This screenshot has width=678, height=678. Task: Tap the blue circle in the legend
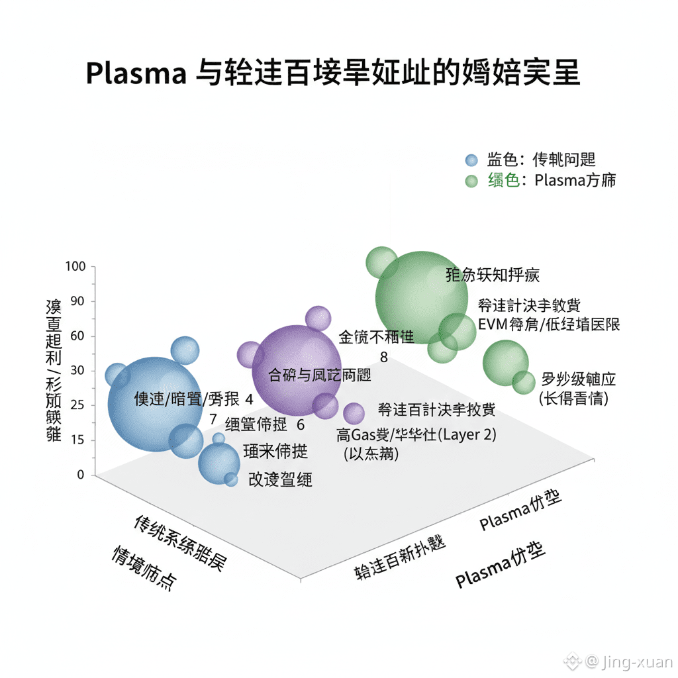tap(471, 160)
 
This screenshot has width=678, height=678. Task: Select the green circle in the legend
tap(471, 181)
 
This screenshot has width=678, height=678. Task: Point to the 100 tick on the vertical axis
tap(77, 267)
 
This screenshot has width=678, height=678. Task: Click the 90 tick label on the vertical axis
tap(78, 301)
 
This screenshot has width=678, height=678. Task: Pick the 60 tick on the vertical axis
tap(78, 336)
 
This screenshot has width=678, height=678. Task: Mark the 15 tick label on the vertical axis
tap(78, 440)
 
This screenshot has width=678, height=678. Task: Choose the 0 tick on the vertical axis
tap(81, 474)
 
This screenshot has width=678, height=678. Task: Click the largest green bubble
tap(417, 297)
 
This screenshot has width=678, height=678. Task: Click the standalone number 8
tap(384, 357)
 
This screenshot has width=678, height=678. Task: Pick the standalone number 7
tap(213, 419)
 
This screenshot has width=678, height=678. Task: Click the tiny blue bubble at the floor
tap(231, 479)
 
